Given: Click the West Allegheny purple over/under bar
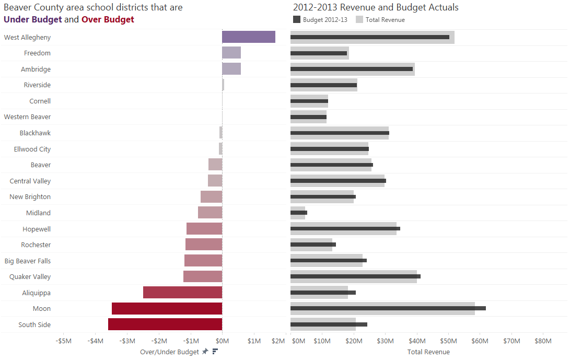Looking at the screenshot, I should [248, 37].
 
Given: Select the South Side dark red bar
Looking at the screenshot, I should [165, 324].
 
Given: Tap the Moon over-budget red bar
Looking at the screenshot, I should [167, 309].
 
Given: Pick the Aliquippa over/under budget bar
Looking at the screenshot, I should [182, 293].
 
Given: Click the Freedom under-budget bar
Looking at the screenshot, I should [231, 53].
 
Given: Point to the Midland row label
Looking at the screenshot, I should [38, 213].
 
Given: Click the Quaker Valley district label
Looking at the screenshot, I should [30, 276].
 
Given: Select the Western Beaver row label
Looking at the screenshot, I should [27, 117].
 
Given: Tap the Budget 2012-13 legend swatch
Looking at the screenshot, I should [297, 20].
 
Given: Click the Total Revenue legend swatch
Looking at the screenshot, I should [359, 20].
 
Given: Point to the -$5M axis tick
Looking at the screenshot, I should [63, 341].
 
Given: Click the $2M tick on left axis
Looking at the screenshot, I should [278, 341].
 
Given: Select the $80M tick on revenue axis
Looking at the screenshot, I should [543, 341].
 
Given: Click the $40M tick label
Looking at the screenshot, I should [416, 341].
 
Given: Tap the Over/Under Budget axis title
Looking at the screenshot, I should [169, 352].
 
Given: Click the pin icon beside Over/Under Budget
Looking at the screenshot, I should [205, 352].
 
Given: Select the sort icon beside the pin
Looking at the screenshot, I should [214, 352].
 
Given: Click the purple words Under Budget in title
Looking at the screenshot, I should [32, 20].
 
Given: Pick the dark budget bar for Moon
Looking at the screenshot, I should [388, 308].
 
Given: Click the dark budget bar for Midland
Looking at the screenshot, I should [299, 213].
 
